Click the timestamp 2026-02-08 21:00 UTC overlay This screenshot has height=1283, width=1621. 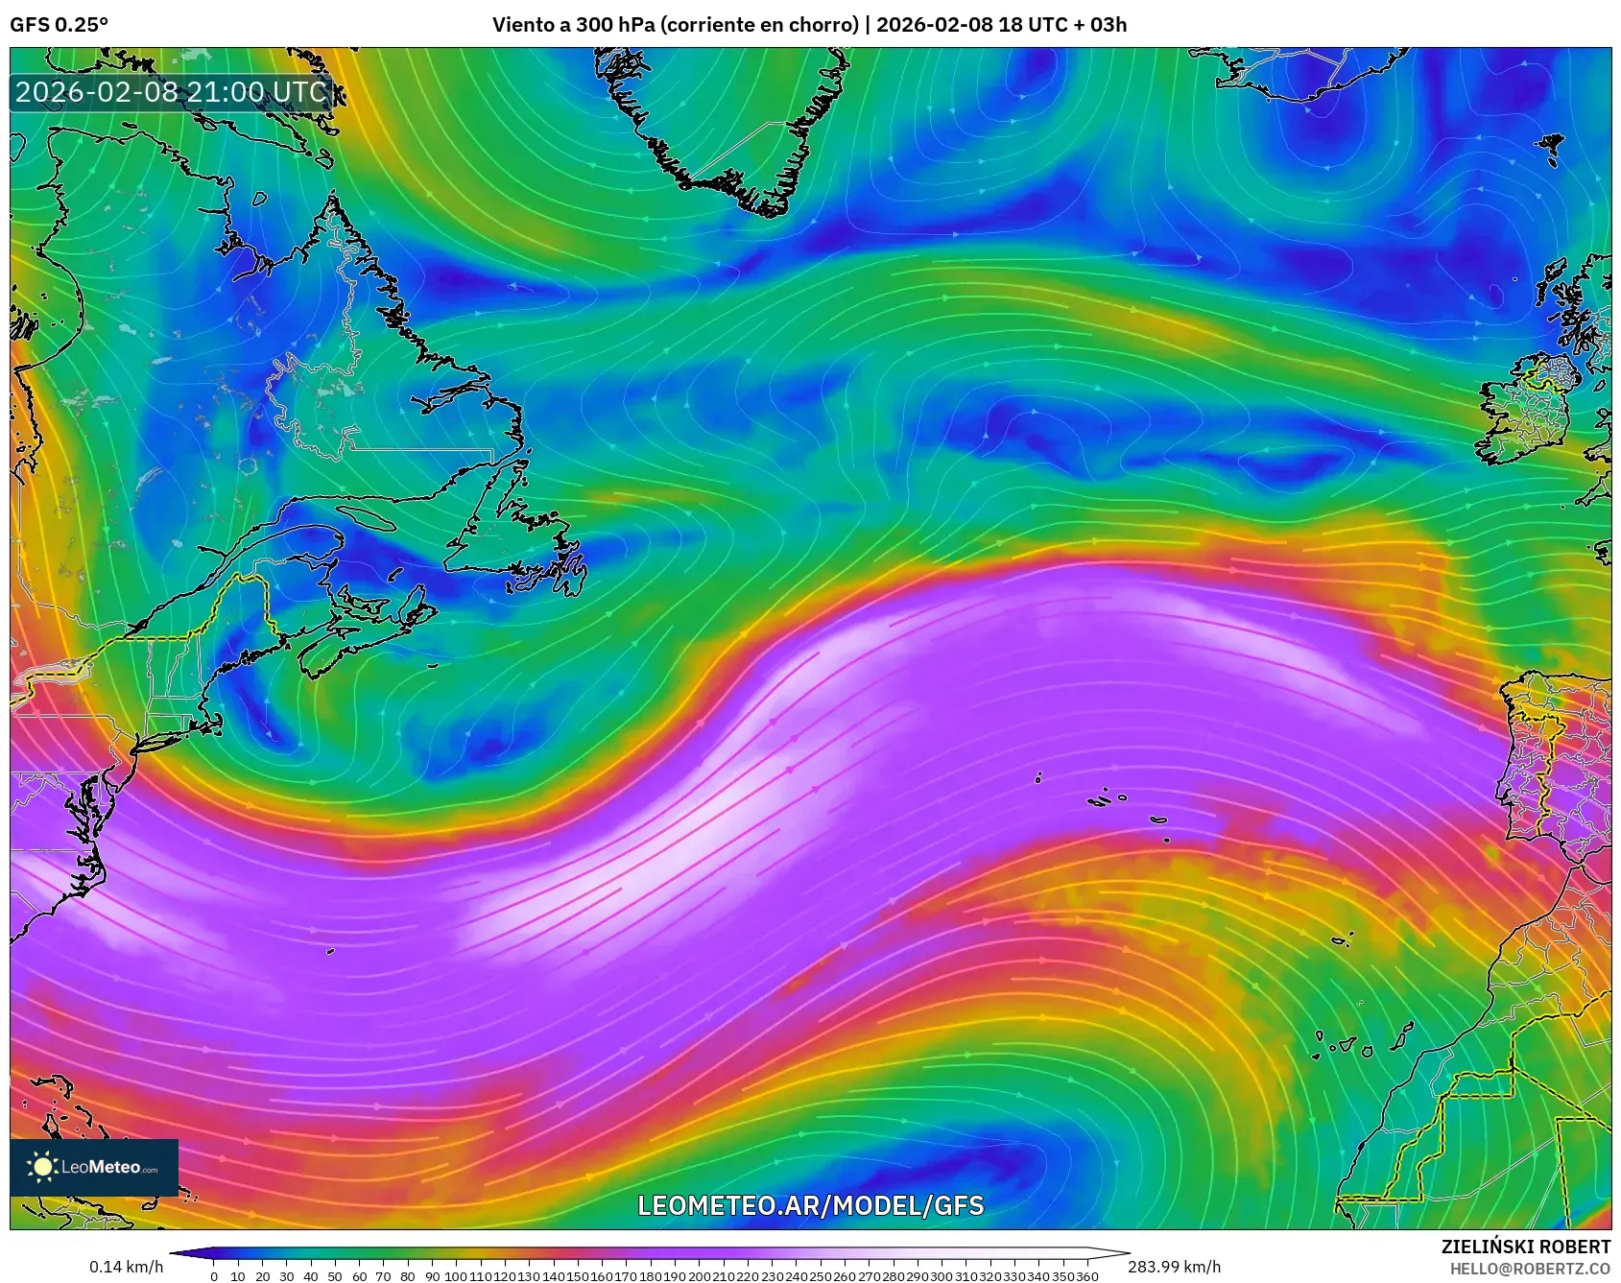(x=171, y=92)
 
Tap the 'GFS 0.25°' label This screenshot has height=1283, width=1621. (x=60, y=25)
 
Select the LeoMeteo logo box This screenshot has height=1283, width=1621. (x=94, y=1167)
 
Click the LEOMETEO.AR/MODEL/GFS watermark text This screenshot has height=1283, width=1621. (x=810, y=1205)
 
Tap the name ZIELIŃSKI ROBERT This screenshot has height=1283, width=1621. (x=1525, y=1247)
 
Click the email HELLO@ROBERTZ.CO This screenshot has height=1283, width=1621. (x=1530, y=1269)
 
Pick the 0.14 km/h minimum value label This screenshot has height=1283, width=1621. (x=127, y=1267)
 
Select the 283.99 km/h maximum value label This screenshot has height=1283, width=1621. (x=1174, y=1267)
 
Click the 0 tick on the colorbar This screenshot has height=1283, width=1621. (x=213, y=1276)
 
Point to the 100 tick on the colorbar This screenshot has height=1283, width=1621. (x=457, y=1276)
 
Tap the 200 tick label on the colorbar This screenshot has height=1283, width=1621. (x=700, y=1276)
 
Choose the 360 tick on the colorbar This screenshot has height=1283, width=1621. (x=1087, y=1276)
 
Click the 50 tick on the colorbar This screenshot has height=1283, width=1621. (x=335, y=1276)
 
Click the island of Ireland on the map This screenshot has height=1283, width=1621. (x=1531, y=408)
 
